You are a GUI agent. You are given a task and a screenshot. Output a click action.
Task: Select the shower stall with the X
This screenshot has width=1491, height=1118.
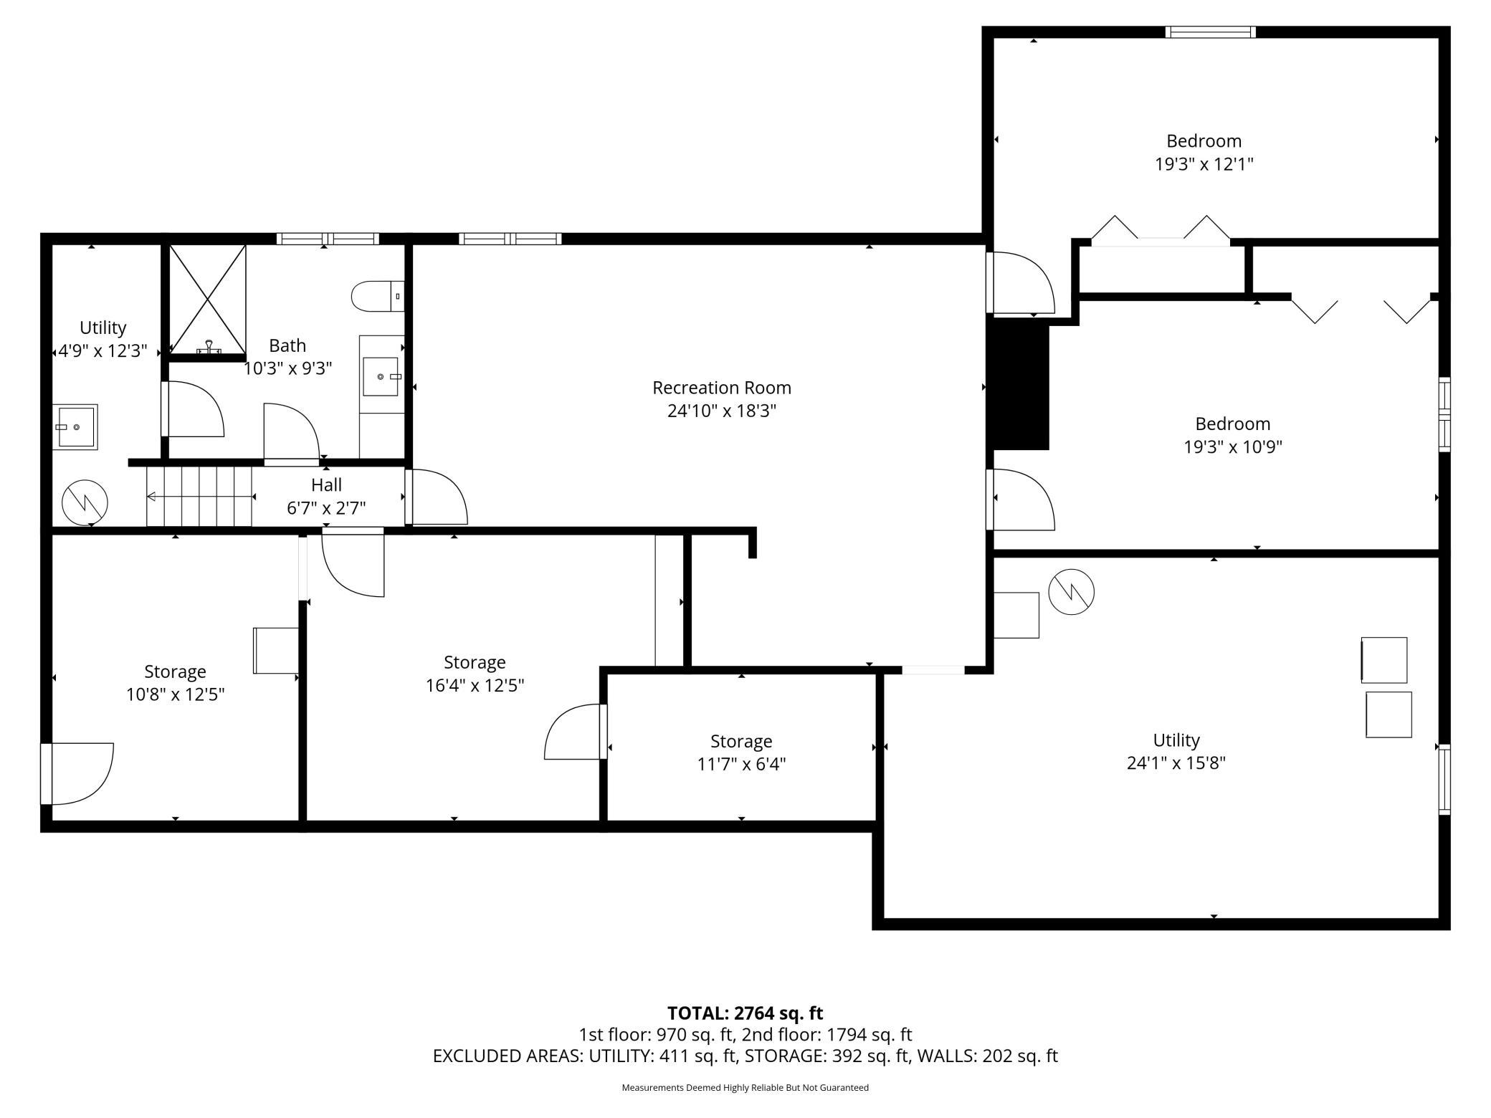coord(207,300)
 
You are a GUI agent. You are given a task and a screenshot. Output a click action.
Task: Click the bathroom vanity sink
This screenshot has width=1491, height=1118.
coord(380,376)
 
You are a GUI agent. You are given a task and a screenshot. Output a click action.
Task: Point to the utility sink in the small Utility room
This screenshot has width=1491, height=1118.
coord(76,427)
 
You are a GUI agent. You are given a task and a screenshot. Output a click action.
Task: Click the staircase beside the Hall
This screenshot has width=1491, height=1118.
coord(199,496)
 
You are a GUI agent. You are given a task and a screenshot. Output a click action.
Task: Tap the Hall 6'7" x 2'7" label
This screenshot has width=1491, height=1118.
coord(326,496)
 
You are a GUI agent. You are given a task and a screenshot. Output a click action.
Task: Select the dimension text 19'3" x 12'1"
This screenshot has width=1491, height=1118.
coord(1204,164)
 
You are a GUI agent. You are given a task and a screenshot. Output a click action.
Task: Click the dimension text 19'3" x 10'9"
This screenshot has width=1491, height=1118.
coord(1232,447)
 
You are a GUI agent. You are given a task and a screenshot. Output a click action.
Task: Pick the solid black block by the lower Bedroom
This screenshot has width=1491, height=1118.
coord(1019,386)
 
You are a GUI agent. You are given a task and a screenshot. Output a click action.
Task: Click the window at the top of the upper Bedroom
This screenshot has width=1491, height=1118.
coord(1210,32)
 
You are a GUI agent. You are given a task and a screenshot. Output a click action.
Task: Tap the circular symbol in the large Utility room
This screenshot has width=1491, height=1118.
coord(1071,592)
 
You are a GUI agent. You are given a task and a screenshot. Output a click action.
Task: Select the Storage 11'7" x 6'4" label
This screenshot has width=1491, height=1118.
coord(741,752)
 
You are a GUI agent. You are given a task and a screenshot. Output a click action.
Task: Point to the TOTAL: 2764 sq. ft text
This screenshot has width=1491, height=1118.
coord(745,1013)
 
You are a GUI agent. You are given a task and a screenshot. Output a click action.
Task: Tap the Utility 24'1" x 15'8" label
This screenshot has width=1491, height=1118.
coord(1176,750)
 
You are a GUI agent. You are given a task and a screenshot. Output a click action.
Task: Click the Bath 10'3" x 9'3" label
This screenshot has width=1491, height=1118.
coord(287,357)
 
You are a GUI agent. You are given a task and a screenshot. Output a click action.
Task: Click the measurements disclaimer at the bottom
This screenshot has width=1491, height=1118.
coord(745,1088)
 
